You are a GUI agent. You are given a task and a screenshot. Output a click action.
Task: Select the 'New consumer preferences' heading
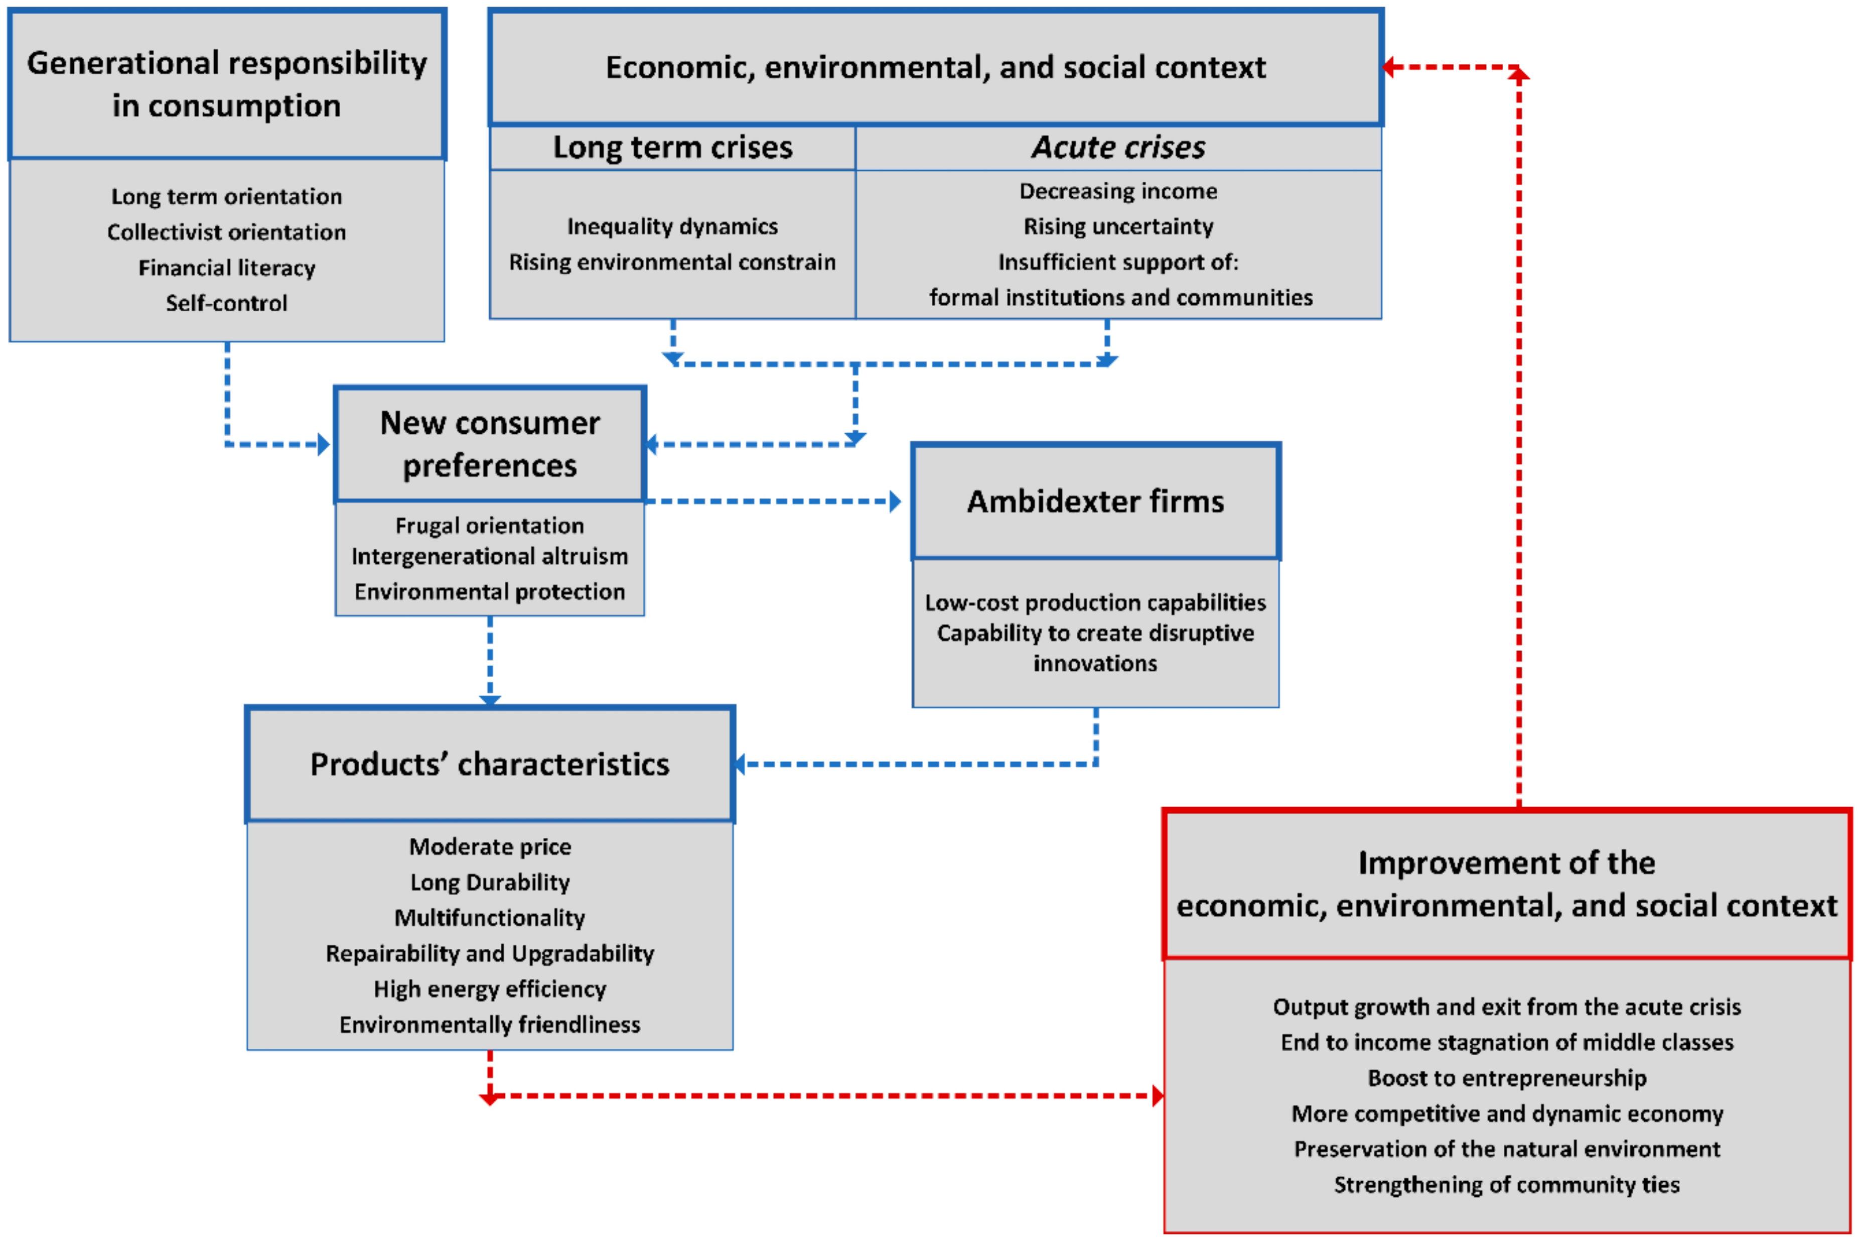point(490,444)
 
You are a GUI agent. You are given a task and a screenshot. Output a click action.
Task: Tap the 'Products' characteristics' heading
point(490,765)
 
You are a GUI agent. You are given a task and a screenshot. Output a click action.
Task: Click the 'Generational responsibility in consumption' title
point(227,84)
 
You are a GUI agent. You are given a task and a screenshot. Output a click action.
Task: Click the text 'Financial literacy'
point(227,268)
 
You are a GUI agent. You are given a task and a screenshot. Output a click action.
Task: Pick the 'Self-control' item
point(227,303)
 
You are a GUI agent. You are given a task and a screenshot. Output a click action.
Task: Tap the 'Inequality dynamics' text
point(672,226)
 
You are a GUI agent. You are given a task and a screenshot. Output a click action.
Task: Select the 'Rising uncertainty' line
point(1118,226)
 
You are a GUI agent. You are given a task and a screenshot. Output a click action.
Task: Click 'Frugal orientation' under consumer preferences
point(490,526)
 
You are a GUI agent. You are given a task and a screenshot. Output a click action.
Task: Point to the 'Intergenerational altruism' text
point(490,556)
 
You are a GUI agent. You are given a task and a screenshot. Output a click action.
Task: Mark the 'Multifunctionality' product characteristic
point(490,918)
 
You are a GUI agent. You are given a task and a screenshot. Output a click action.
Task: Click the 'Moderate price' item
point(490,847)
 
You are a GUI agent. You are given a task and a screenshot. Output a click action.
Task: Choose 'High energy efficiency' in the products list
point(490,989)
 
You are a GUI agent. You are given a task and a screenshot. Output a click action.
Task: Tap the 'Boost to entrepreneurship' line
point(1507,1078)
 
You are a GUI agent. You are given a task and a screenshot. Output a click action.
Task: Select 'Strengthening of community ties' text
point(1507,1185)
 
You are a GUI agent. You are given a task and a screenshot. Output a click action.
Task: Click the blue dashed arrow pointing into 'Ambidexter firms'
point(895,502)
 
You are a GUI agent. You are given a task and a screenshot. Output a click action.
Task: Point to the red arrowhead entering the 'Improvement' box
point(1158,1096)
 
